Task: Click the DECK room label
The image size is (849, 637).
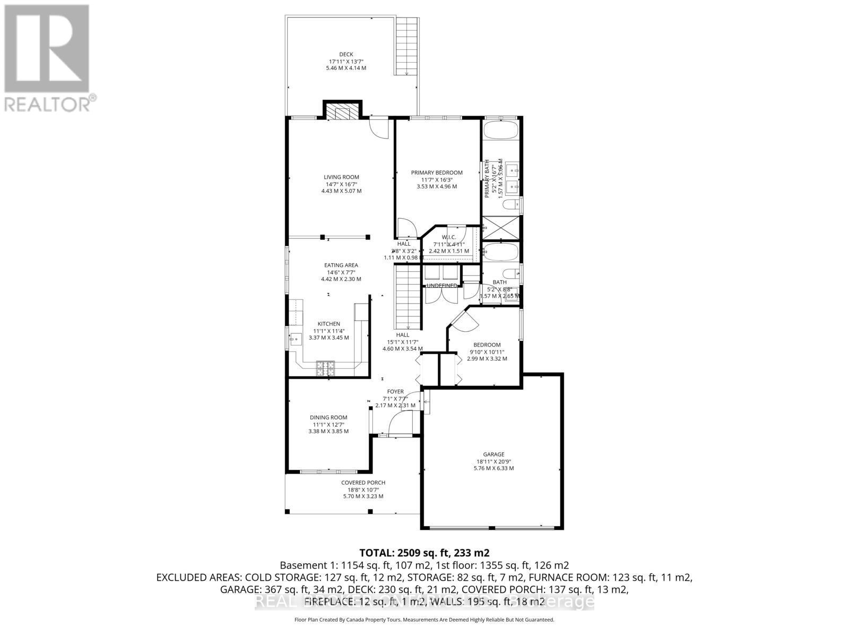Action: [346, 54]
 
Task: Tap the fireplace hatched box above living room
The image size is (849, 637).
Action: [342, 113]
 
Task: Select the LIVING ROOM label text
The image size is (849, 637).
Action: [341, 177]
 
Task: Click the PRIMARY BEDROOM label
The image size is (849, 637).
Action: [437, 173]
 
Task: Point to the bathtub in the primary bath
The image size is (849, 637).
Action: [501, 131]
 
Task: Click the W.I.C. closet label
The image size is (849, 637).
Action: [448, 237]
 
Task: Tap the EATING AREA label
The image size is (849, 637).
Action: [341, 265]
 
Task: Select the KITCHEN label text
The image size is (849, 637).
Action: [329, 324]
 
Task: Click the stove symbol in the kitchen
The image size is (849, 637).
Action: [325, 368]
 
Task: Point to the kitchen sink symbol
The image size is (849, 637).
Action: [294, 337]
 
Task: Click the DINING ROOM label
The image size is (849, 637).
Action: [328, 417]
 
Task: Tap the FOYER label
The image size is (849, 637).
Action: [395, 392]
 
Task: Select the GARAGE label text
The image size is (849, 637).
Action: [493, 454]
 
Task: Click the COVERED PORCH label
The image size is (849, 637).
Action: [363, 483]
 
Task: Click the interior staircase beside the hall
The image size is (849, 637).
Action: [407, 297]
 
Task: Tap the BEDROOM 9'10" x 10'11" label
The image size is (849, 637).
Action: [487, 345]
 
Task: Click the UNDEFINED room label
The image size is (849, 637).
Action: [441, 286]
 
